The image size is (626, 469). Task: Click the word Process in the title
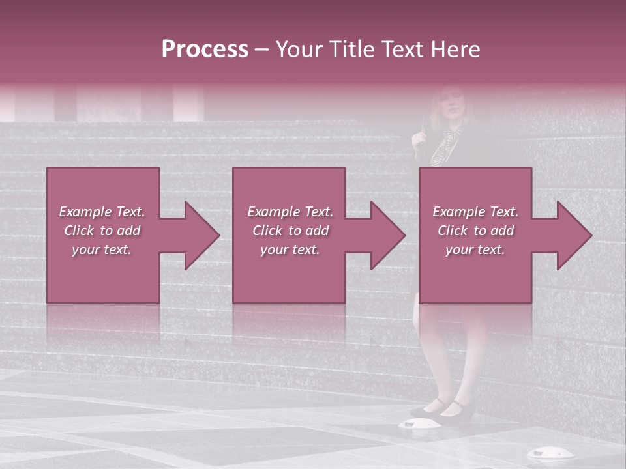pos(205,50)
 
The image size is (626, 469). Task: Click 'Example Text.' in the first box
pos(102,212)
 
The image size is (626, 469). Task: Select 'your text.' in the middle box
pos(290,249)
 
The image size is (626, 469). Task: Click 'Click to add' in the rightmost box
pos(475,231)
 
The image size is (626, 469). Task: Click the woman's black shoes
pos(443,409)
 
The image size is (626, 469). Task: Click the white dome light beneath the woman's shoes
pos(417,424)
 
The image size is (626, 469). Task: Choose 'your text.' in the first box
pos(102,249)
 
